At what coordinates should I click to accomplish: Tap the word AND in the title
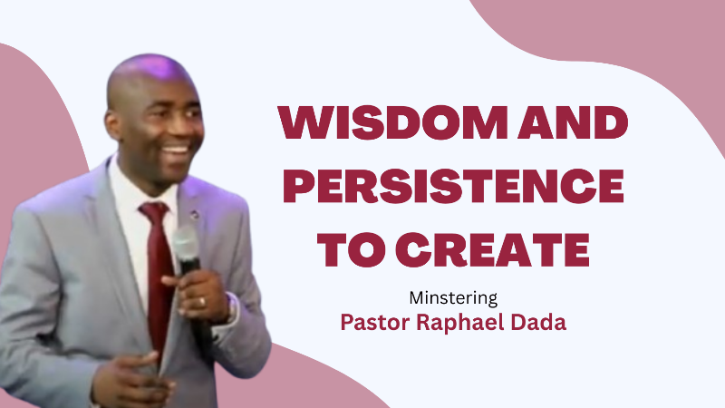click(x=573, y=122)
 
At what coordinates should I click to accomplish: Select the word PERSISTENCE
click(x=454, y=186)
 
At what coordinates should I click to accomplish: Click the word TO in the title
click(x=351, y=250)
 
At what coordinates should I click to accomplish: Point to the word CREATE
click(x=493, y=250)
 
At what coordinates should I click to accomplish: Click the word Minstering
click(x=453, y=298)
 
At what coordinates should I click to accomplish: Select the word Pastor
click(x=375, y=323)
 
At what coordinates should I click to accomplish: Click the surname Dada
click(x=538, y=323)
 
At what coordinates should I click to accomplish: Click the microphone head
click(x=186, y=241)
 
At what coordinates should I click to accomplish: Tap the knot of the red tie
click(x=155, y=212)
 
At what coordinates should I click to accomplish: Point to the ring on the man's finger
click(x=202, y=303)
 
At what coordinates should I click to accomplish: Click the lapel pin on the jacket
click(x=194, y=215)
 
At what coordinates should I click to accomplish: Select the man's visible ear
click(x=113, y=125)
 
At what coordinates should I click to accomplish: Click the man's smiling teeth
click(x=176, y=150)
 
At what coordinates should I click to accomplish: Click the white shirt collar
click(x=134, y=185)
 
